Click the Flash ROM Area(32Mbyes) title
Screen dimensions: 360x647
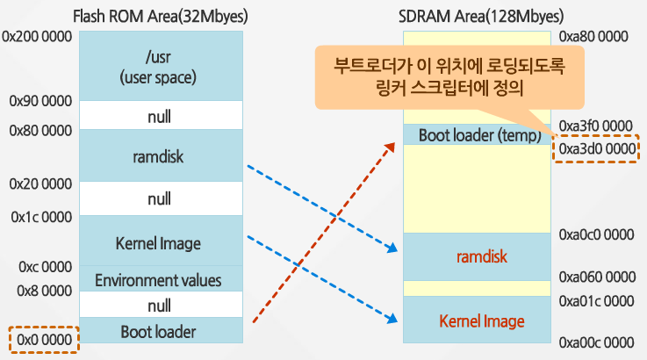(x=159, y=15)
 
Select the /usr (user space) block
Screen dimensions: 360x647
(x=159, y=67)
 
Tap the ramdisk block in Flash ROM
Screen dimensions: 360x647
(x=159, y=155)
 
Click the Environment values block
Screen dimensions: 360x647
(x=159, y=280)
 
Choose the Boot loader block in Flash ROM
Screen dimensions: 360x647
(x=159, y=331)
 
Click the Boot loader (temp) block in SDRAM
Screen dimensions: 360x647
(x=476, y=135)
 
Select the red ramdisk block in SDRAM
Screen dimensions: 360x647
(x=476, y=256)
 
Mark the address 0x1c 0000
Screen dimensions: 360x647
(x=41, y=216)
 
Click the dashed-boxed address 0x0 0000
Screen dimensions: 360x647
(x=44, y=339)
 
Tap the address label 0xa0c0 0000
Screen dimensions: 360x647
(x=596, y=234)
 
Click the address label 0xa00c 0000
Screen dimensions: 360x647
(x=596, y=341)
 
